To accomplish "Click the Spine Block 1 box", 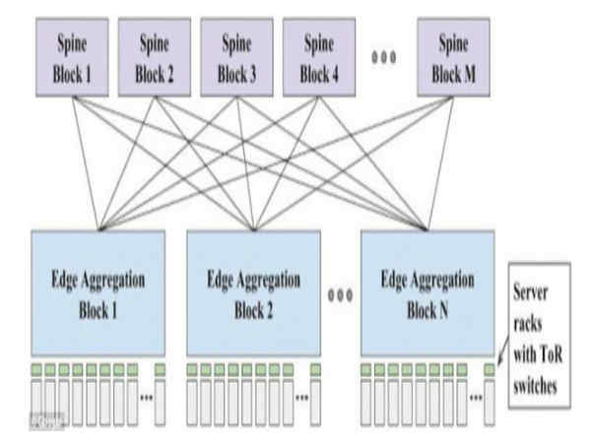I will (70, 58).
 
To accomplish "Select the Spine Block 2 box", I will (153, 58).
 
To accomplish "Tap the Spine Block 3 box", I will (235, 58).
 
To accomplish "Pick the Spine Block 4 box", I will (317, 58).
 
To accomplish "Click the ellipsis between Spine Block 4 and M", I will (382, 56).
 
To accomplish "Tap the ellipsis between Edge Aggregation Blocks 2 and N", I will (340, 292).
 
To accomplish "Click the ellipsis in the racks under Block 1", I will (146, 397).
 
